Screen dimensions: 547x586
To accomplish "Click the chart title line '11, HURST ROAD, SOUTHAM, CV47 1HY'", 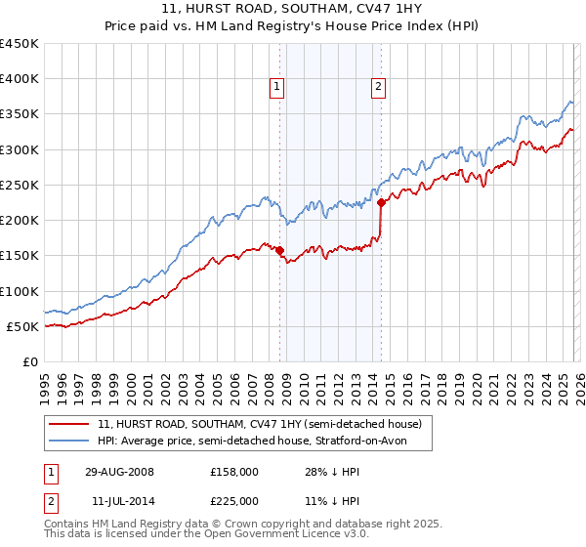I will click(292, 10).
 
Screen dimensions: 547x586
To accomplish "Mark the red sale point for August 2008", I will click(280, 250).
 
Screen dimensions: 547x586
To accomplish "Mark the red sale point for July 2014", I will click(381, 203).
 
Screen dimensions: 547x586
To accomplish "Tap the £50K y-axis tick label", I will click(22, 326).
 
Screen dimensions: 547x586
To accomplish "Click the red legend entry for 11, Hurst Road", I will click(259, 424).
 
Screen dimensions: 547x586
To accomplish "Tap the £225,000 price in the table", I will click(233, 500).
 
